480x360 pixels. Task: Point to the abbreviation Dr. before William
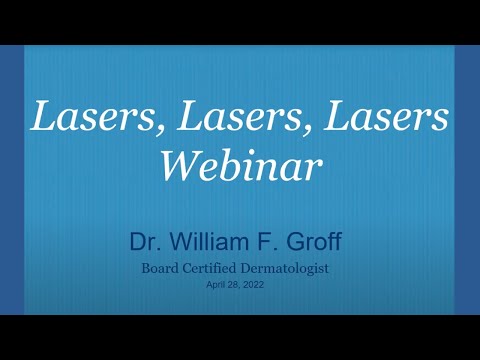click(143, 242)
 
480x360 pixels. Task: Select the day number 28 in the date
click(236, 284)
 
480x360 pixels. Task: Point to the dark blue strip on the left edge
click(12, 180)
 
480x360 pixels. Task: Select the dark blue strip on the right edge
click(467, 180)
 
